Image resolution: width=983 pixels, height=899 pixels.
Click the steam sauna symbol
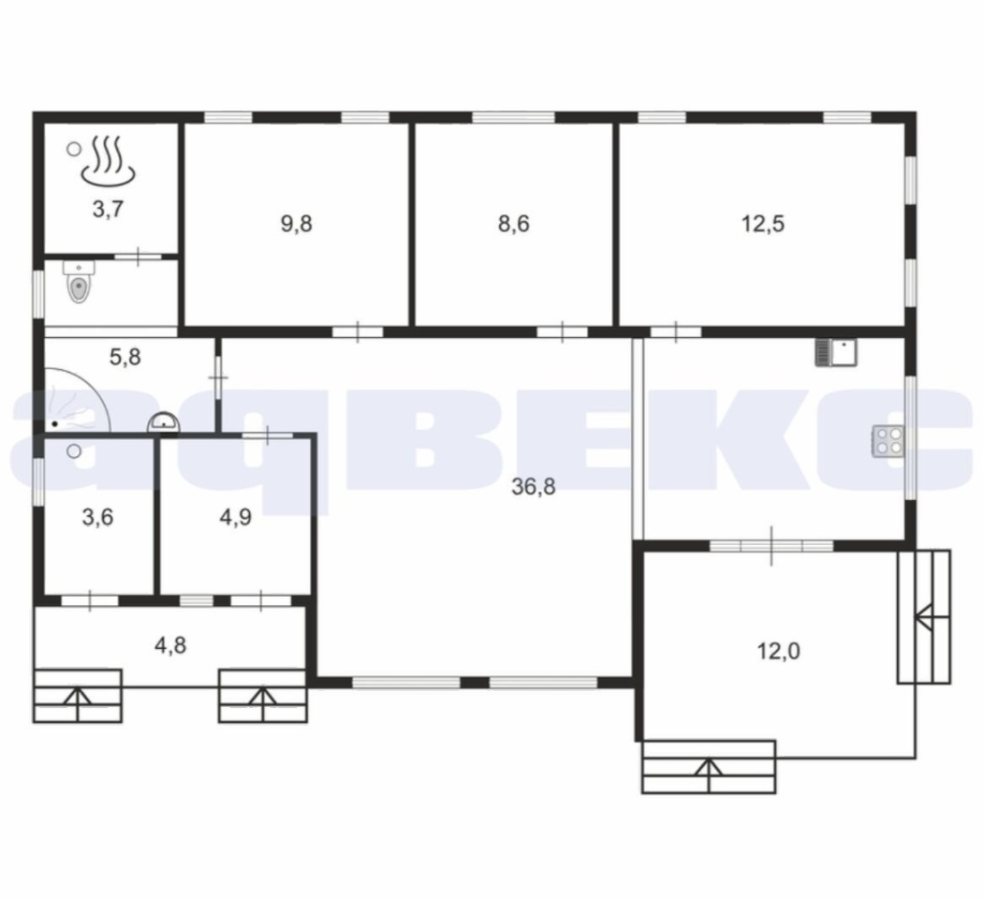click(x=108, y=162)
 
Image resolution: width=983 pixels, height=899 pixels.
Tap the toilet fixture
click(x=79, y=282)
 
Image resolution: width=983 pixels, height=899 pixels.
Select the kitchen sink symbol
click(x=836, y=352)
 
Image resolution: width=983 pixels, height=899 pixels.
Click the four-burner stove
click(x=888, y=441)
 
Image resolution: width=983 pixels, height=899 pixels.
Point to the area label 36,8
click(x=534, y=486)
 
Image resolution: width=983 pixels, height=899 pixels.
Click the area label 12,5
click(x=763, y=224)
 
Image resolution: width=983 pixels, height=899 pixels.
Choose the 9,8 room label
click(x=297, y=224)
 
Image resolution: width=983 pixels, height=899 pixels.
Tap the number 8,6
click(x=513, y=224)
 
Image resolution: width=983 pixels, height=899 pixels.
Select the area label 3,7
click(x=108, y=209)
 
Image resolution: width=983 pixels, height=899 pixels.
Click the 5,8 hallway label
click(x=125, y=358)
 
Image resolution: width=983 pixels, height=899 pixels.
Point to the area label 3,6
click(x=97, y=517)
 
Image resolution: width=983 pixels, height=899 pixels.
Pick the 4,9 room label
click(x=236, y=517)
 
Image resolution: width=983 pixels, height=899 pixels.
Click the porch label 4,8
click(x=170, y=645)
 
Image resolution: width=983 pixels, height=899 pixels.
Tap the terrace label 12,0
click(x=779, y=652)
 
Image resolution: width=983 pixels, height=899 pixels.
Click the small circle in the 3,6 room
click(x=74, y=450)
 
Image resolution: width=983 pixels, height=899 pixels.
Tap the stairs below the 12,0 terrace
click(x=709, y=767)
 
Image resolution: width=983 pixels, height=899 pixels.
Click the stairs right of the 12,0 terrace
click(x=924, y=616)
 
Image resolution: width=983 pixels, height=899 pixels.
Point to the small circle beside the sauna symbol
click(x=74, y=149)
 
